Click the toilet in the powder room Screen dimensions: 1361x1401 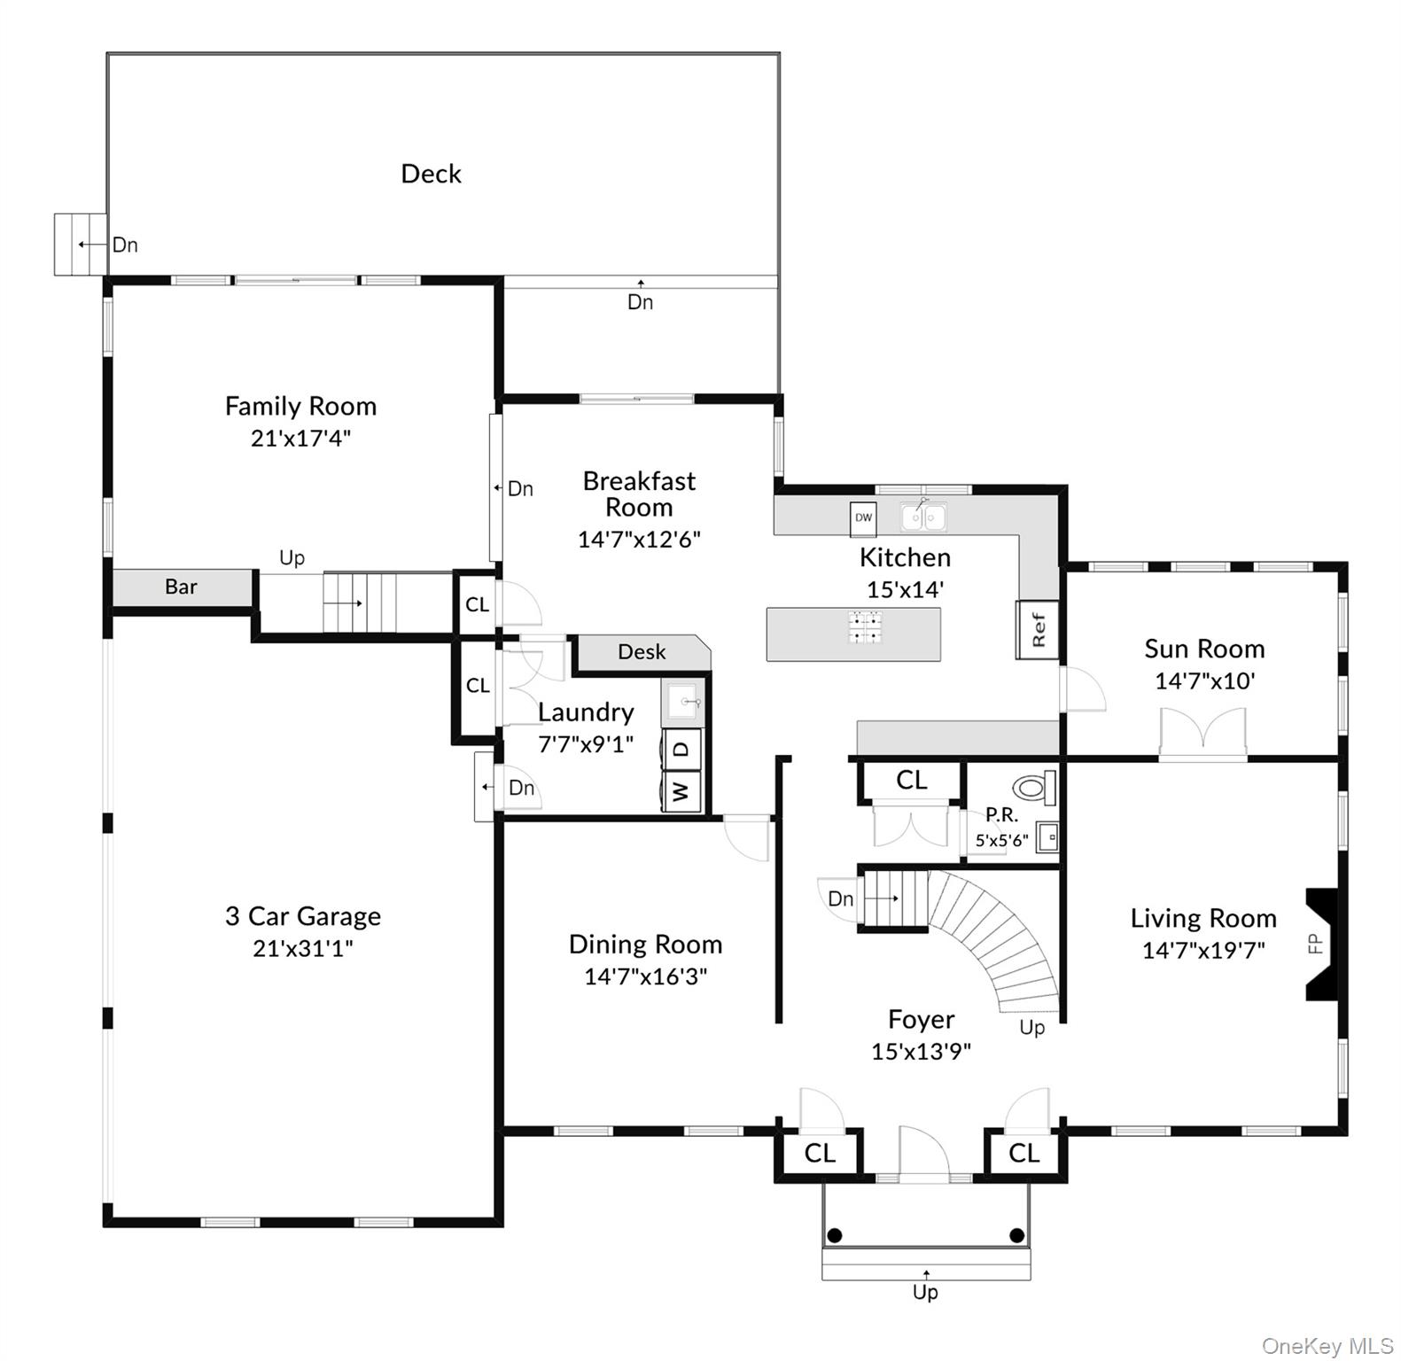(x=1033, y=787)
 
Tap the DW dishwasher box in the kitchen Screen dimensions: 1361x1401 (x=863, y=518)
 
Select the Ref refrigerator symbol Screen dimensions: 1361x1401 (x=1039, y=629)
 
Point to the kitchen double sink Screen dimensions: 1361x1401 (x=923, y=517)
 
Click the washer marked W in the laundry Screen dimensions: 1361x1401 (x=681, y=790)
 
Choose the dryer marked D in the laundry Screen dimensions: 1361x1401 (x=681, y=749)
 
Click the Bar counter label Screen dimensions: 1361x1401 (x=181, y=587)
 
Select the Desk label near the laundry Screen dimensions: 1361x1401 (x=642, y=652)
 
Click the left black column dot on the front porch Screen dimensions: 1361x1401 (x=835, y=1235)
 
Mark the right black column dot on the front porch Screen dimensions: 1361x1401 (x=1017, y=1235)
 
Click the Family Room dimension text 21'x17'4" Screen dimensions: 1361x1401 (x=300, y=438)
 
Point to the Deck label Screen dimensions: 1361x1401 (x=431, y=174)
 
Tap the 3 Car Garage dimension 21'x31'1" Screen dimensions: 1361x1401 (x=302, y=948)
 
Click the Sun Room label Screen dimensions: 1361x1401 (x=1203, y=649)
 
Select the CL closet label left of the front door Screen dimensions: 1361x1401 (x=820, y=1153)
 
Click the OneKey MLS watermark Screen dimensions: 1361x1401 (x=1327, y=1346)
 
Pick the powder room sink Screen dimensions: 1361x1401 (x=1047, y=836)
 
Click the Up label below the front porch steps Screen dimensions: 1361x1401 (x=925, y=1292)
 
